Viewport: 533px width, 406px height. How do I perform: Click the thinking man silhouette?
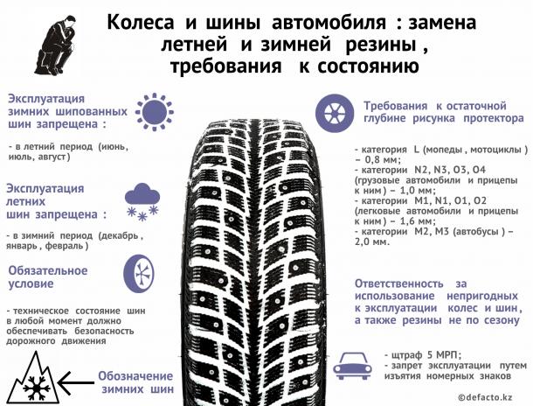tap(55, 45)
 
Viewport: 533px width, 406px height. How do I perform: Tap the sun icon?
tap(155, 112)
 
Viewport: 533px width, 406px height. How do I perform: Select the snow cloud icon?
tap(142, 202)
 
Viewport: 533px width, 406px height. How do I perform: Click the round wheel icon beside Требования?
tap(335, 113)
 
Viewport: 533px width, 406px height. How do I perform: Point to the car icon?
tap(352, 366)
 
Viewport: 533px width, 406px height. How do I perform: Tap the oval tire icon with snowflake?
tap(139, 274)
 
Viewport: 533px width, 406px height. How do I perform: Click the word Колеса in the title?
tap(141, 23)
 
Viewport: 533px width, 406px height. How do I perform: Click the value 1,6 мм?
tap(417, 221)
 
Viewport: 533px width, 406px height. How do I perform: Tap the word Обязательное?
tap(48, 270)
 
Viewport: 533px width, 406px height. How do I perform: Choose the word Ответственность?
tap(399, 283)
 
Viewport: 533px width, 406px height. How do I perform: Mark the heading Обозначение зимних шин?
tap(136, 382)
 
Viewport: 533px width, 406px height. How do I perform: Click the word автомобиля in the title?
tap(329, 23)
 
